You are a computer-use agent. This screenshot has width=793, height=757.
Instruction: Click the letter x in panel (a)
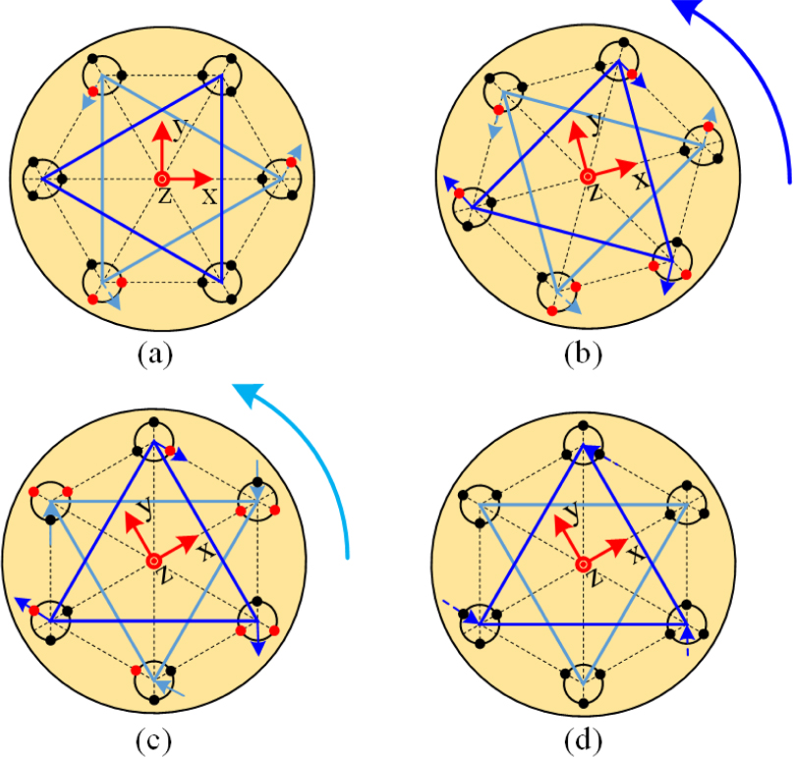tap(209, 196)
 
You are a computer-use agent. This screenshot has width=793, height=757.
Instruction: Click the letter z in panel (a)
tap(164, 196)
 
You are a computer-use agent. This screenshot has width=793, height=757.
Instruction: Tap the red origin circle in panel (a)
tap(162, 178)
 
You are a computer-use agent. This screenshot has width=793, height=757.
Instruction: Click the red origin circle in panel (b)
tap(587, 177)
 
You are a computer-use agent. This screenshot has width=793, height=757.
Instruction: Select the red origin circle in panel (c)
tap(154, 560)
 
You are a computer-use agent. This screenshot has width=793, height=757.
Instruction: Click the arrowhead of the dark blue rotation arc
tap(687, 9)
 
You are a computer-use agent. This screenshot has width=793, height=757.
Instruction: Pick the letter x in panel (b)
tap(639, 183)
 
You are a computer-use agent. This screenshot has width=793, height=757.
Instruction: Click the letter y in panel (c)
tap(145, 508)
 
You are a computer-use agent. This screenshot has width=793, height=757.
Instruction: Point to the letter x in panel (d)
tap(636, 555)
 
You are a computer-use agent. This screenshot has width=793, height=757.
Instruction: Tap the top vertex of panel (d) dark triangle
tap(583, 447)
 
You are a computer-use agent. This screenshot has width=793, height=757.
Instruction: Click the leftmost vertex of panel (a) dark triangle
tap(41, 179)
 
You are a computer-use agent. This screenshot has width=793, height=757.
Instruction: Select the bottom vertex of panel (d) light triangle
tap(583, 682)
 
